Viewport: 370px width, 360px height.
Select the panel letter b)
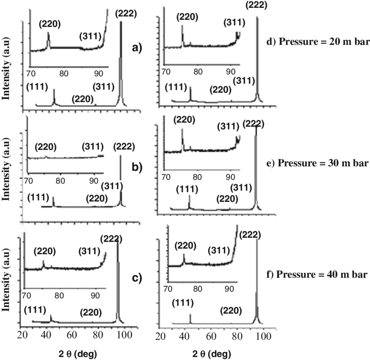tap(137, 167)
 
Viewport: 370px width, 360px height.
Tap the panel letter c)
tap(136, 278)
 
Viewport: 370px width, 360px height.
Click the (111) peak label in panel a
tap(37, 86)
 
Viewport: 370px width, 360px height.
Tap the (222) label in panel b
tap(124, 147)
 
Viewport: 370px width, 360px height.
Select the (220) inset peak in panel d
tap(182, 35)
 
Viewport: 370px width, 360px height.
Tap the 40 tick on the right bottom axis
tap(185, 336)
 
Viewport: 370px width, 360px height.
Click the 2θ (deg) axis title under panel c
tap(78, 352)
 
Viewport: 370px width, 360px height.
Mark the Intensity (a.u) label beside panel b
tap(7, 174)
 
